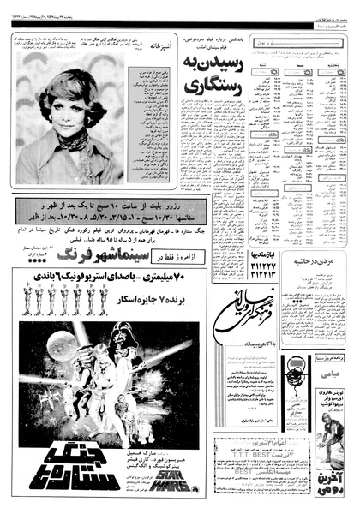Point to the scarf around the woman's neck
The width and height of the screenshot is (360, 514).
coord(72,137)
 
